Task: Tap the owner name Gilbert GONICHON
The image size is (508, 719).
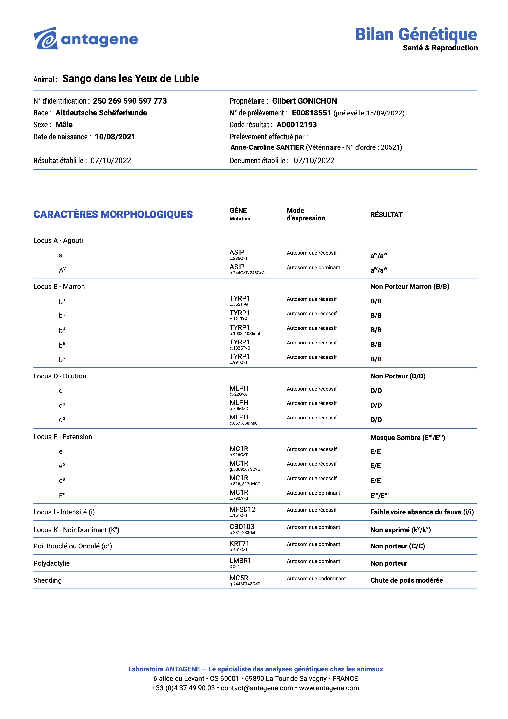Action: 304,101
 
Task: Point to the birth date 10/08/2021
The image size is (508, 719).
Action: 115,137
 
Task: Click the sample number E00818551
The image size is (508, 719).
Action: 311,113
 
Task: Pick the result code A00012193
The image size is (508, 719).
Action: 297,125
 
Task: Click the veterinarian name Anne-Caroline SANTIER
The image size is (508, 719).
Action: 267,147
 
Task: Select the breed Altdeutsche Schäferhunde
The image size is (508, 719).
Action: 101,113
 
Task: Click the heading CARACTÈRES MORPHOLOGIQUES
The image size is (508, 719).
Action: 113,214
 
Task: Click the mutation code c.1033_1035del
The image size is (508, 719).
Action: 245,334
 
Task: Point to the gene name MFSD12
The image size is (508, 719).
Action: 242,509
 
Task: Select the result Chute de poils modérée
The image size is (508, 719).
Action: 407,580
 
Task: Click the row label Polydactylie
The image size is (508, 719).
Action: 52,563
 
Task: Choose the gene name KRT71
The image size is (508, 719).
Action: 239,544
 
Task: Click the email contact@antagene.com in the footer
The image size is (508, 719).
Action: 257,688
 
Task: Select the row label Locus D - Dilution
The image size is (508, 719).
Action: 60,376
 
